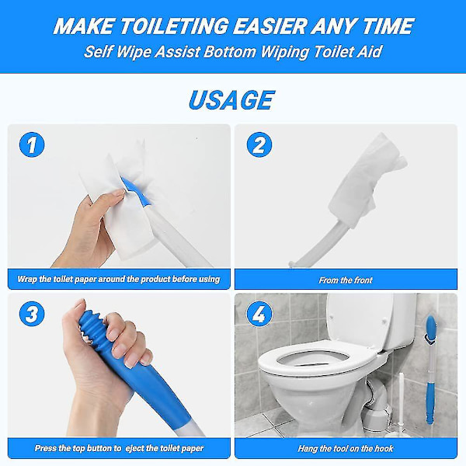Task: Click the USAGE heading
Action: point(231,100)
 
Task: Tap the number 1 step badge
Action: point(32,144)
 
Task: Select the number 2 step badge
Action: point(259,144)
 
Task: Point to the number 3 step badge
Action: point(32,314)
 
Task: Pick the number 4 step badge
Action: point(259,314)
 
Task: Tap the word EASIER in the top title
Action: point(270,26)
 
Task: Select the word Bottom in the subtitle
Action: point(229,52)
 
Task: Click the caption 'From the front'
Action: point(346,280)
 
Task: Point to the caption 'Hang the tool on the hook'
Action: point(346,448)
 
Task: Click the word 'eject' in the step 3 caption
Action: point(135,448)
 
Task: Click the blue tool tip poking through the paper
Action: point(134,191)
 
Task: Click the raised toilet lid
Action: point(360,319)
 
